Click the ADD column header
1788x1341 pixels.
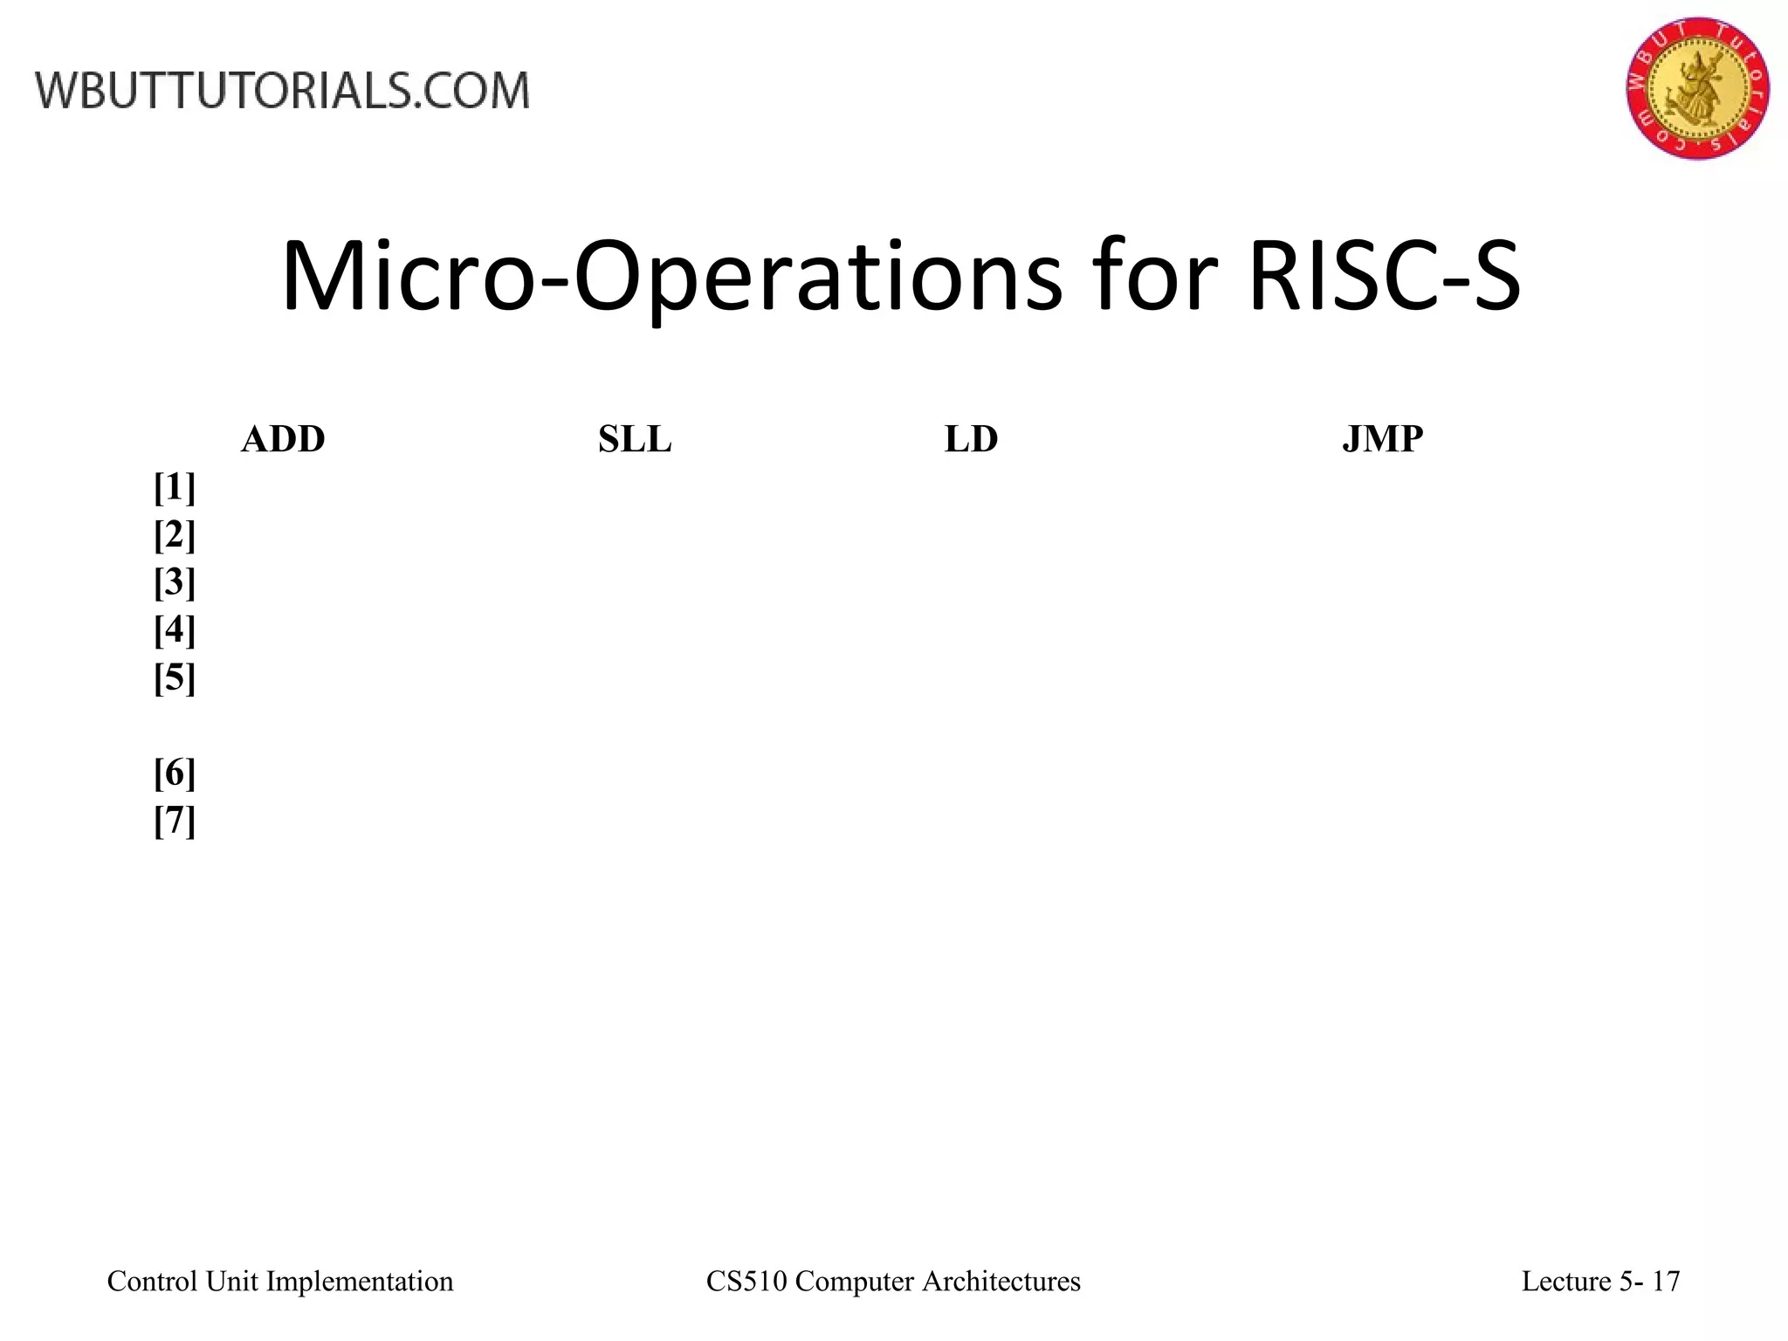(283, 439)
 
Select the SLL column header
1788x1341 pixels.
(635, 439)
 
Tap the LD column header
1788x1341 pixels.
(971, 439)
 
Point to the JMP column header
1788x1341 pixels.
(1382, 439)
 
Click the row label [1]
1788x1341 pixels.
(175, 487)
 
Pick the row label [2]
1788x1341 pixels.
(175, 534)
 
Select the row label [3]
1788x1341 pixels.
(175, 582)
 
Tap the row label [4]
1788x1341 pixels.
(175, 629)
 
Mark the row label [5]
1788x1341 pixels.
(175, 677)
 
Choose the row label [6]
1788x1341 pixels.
(175, 773)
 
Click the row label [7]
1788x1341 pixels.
(175, 821)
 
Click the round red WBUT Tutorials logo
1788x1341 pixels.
(1697, 87)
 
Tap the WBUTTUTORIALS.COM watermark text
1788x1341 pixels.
(282, 91)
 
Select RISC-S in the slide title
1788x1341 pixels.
(1385, 279)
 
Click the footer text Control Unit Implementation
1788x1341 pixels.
(280, 1282)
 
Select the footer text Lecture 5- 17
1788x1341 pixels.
(1600, 1282)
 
